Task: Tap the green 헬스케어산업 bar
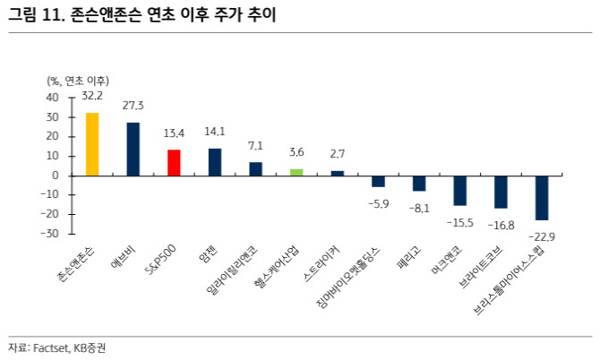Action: [296, 171]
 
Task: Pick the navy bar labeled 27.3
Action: [133, 149]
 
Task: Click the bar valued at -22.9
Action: [542, 197]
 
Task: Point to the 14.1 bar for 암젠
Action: [215, 161]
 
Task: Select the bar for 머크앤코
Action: [459, 190]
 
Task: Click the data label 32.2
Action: [92, 95]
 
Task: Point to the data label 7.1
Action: [255, 145]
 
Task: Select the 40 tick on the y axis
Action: [53, 98]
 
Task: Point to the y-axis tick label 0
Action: [56, 176]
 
